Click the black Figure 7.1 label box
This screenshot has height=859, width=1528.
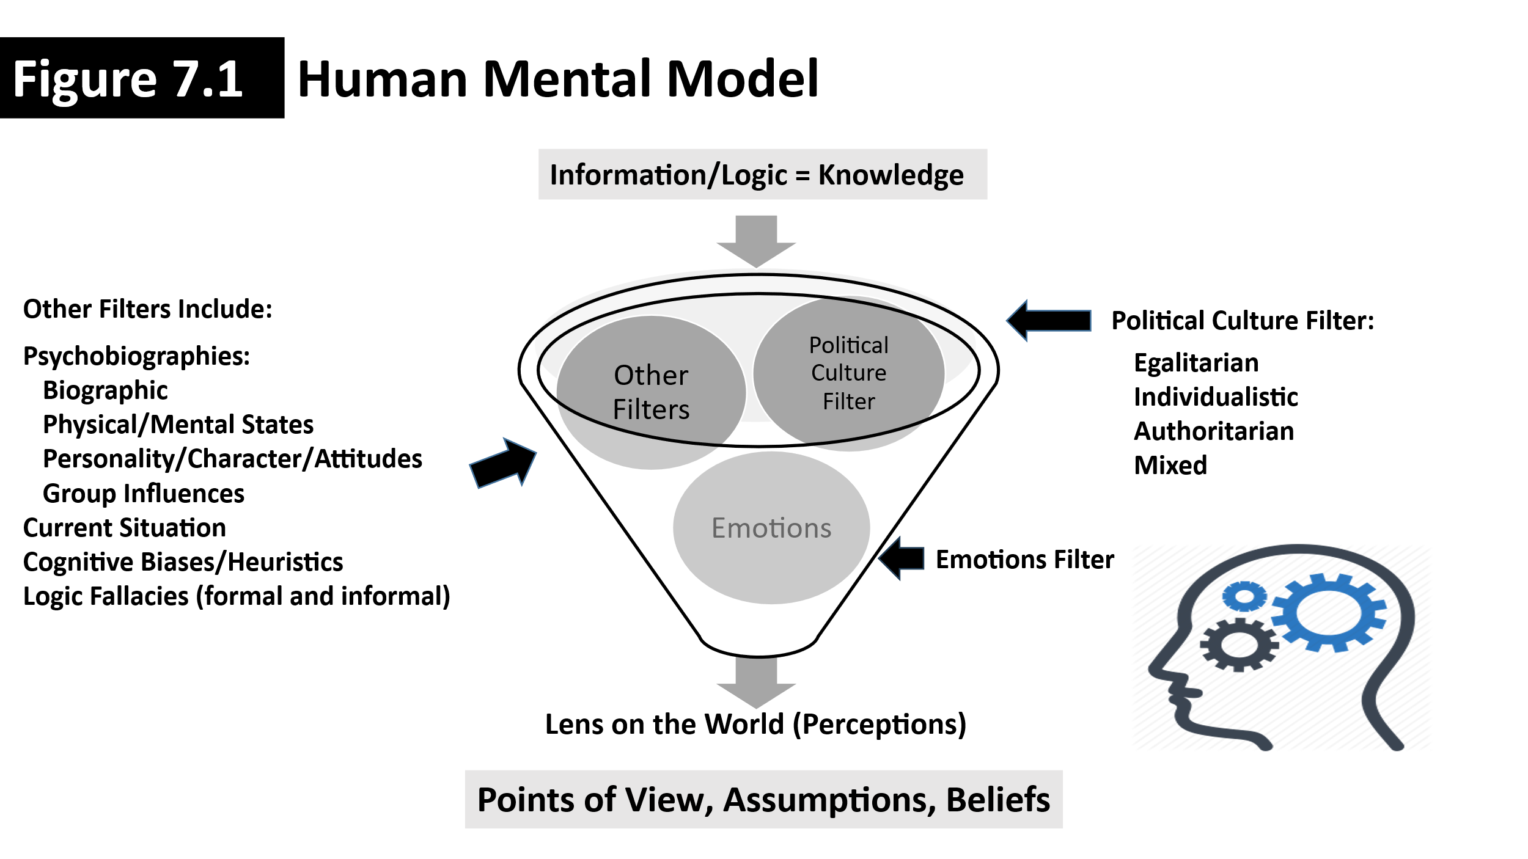[142, 78]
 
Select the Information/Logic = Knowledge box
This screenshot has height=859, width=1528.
[762, 174]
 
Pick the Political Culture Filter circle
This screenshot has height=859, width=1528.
[848, 373]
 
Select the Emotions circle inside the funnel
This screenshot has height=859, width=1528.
[771, 528]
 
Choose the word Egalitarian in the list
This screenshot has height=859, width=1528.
[1196, 363]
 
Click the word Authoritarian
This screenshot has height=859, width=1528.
[1214, 431]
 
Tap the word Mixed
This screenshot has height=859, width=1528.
[1170, 466]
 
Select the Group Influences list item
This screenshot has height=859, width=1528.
[143, 494]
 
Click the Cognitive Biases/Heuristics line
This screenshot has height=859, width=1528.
[183, 562]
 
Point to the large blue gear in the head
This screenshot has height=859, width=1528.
[1328, 612]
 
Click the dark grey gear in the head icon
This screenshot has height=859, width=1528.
[1238, 645]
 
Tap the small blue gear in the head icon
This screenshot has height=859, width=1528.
[1244, 596]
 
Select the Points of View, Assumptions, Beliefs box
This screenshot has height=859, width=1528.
[763, 800]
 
